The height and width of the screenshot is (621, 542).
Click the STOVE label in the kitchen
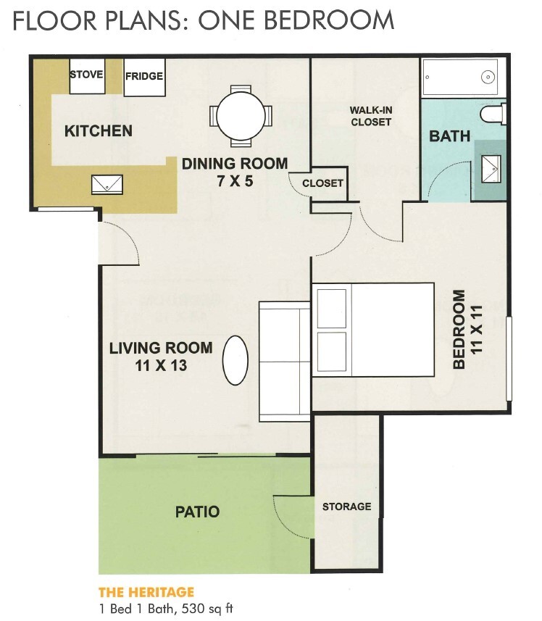(86, 75)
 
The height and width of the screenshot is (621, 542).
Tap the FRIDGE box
(143, 76)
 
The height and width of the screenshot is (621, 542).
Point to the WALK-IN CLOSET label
(371, 116)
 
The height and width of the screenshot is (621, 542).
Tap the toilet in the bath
(496, 114)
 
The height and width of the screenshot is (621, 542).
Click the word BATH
(449, 136)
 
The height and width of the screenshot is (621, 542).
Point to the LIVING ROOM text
(161, 347)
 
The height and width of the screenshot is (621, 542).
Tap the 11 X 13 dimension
(161, 365)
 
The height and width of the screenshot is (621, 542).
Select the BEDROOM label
(459, 330)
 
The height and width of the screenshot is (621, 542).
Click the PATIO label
(197, 512)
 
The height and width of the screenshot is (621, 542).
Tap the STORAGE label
(346, 507)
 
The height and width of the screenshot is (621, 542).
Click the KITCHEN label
(99, 131)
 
